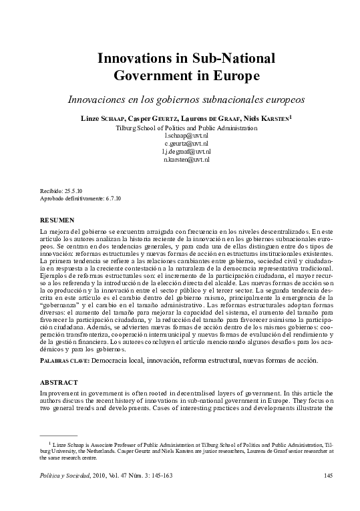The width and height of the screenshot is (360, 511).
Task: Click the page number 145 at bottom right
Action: point(327,476)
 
